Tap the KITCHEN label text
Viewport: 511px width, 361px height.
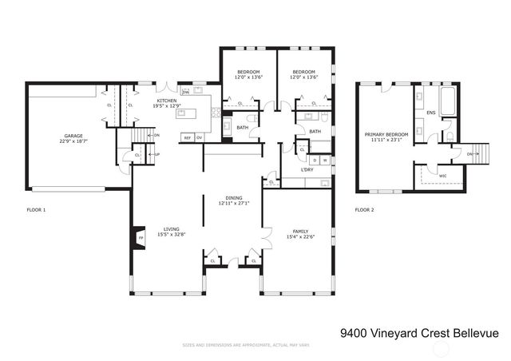[167, 100]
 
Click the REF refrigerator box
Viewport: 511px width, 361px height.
[188, 138]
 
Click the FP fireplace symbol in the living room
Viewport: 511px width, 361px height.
[141, 238]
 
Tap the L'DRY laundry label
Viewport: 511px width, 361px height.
[307, 170]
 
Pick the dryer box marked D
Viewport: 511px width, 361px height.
[315, 160]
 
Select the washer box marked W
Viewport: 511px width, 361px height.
[325, 160]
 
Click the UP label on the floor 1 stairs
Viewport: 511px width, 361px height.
[157, 154]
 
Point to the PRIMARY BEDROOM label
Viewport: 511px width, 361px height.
[386, 134]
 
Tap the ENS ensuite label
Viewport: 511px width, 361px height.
[431, 113]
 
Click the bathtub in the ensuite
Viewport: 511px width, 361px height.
[446, 101]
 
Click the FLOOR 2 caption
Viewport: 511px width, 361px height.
[366, 210]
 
